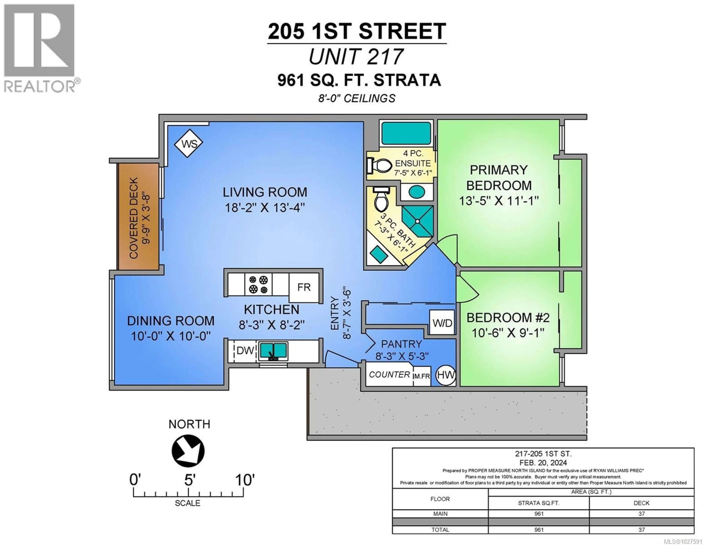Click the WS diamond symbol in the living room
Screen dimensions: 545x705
pos(189,143)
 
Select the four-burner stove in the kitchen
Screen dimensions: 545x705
pos(258,284)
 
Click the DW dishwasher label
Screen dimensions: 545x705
pos(245,350)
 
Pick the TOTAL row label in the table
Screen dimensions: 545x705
pos(440,530)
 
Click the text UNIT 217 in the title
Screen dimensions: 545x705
pos(356,57)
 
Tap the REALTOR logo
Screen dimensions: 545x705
pos(39,48)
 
